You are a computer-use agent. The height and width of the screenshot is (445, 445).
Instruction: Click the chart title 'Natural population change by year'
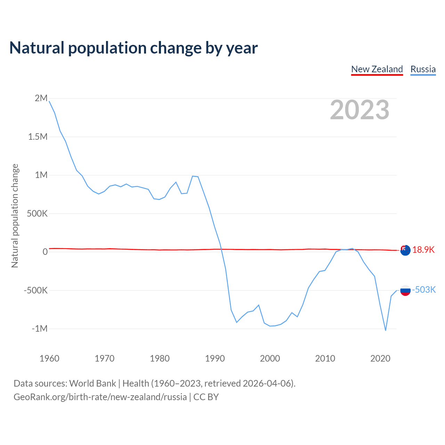coord(133,48)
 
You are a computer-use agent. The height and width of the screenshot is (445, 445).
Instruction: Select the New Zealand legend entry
coord(377,69)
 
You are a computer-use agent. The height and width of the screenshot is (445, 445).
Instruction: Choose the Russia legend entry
coord(423,69)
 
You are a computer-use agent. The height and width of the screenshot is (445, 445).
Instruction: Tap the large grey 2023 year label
coord(359,110)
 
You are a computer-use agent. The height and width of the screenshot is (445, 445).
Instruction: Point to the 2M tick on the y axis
coord(41,98)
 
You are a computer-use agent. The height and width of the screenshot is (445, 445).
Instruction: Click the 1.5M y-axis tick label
coord(38,137)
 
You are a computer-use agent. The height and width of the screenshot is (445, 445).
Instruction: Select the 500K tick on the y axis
coord(37,213)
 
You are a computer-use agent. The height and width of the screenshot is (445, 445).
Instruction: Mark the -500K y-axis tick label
coord(35,290)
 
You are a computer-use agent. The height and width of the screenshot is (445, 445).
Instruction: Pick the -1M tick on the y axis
coord(39,329)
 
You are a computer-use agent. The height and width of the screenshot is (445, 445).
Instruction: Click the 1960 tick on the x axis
coord(49,358)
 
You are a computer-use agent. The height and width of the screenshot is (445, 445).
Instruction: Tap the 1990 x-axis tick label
coord(215,358)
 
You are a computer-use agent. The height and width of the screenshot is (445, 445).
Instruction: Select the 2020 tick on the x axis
coord(380,358)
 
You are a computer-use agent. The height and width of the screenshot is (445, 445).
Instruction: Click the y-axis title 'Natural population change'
coord(15,216)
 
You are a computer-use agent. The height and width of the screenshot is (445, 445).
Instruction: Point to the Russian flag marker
coord(405,290)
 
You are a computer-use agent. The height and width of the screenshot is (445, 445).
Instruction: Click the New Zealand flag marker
coord(405,250)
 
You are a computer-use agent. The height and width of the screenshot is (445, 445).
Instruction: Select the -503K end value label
coord(424,290)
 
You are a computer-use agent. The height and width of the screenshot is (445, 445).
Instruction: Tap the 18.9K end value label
coord(423,250)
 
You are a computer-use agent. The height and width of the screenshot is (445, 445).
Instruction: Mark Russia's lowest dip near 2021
coord(386,330)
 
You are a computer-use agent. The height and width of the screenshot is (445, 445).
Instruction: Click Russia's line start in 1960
coord(49,101)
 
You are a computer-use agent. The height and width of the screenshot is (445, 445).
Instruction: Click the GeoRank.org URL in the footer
coord(100,397)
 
